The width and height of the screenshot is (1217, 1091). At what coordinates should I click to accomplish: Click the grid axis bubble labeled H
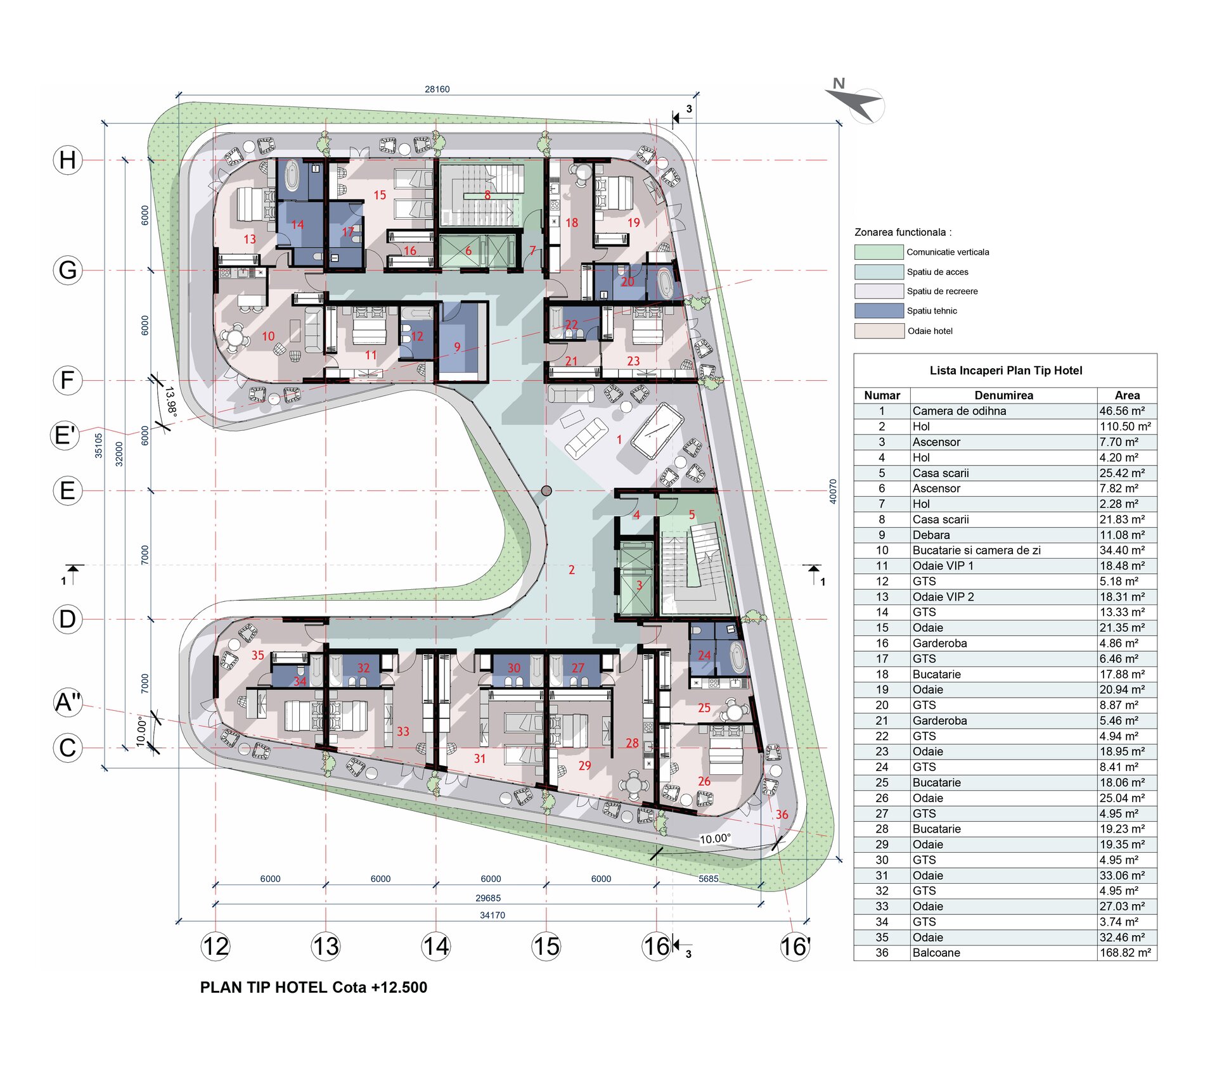[x=68, y=160]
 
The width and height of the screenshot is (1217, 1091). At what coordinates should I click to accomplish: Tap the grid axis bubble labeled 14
[x=436, y=947]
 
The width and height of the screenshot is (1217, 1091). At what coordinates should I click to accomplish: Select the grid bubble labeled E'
[x=66, y=435]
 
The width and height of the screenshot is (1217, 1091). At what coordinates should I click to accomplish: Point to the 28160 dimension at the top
[x=437, y=89]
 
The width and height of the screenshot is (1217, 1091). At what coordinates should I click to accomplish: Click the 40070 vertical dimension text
[x=833, y=491]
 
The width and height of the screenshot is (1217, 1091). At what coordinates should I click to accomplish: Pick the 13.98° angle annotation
[x=171, y=402]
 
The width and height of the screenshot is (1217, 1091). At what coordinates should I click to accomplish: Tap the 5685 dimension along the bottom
[x=709, y=879]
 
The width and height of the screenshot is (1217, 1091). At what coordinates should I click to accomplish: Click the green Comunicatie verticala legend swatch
[x=879, y=252]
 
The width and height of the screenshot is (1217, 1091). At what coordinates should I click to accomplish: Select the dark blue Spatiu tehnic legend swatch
[x=879, y=310]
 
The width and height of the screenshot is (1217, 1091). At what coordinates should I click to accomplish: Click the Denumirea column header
[x=1003, y=395]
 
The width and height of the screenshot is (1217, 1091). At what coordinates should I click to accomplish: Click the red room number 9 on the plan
[x=457, y=347]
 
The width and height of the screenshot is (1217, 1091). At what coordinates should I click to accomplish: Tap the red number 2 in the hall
[x=572, y=570]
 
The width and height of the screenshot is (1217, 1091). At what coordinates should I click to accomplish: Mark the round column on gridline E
[x=546, y=490]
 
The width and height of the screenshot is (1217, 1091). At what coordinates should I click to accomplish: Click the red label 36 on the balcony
[x=782, y=814]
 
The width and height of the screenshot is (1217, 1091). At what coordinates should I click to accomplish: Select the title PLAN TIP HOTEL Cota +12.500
[x=314, y=987]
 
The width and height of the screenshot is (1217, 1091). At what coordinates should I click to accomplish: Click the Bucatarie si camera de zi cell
[x=976, y=551]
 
